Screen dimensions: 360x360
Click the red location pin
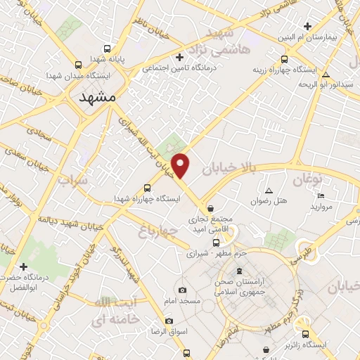click(x=181, y=165)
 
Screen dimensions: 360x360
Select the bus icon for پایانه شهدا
click(x=107, y=49)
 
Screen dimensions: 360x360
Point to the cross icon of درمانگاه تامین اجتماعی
click(x=179, y=57)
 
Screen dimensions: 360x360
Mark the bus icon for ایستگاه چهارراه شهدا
click(x=147, y=188)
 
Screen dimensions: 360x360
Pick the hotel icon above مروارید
click(x=321, y=195)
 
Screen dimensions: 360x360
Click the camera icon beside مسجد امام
click(x=182, y=290)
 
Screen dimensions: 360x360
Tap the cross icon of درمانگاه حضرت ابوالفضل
click(x=24, y=266)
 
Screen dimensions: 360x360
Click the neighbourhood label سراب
click(x=72, y=183)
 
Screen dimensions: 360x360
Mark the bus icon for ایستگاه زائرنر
click(x=304, y=334)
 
